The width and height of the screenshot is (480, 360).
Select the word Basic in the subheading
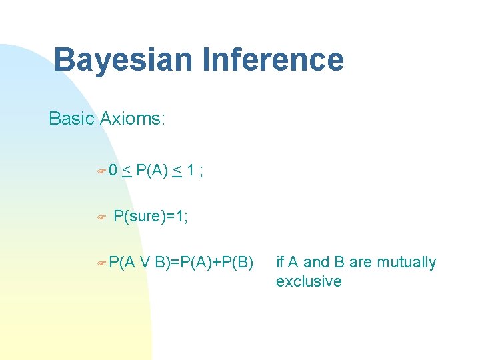(x=71, y=119)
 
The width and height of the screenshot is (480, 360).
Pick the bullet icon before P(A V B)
(x=101, y=263)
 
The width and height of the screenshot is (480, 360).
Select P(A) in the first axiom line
(x=152, y=171)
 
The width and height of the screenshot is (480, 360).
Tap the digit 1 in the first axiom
(x=191, y=171)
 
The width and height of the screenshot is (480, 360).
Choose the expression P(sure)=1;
(x=151, y=217)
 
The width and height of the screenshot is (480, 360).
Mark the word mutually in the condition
(x=407, y=263)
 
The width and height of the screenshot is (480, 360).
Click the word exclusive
(x=309, y=281)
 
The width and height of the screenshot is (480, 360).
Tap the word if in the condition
(x=280, y=262)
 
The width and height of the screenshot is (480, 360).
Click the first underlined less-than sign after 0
(x=126, y=171)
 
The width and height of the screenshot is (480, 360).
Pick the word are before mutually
(x=361, y=262)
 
